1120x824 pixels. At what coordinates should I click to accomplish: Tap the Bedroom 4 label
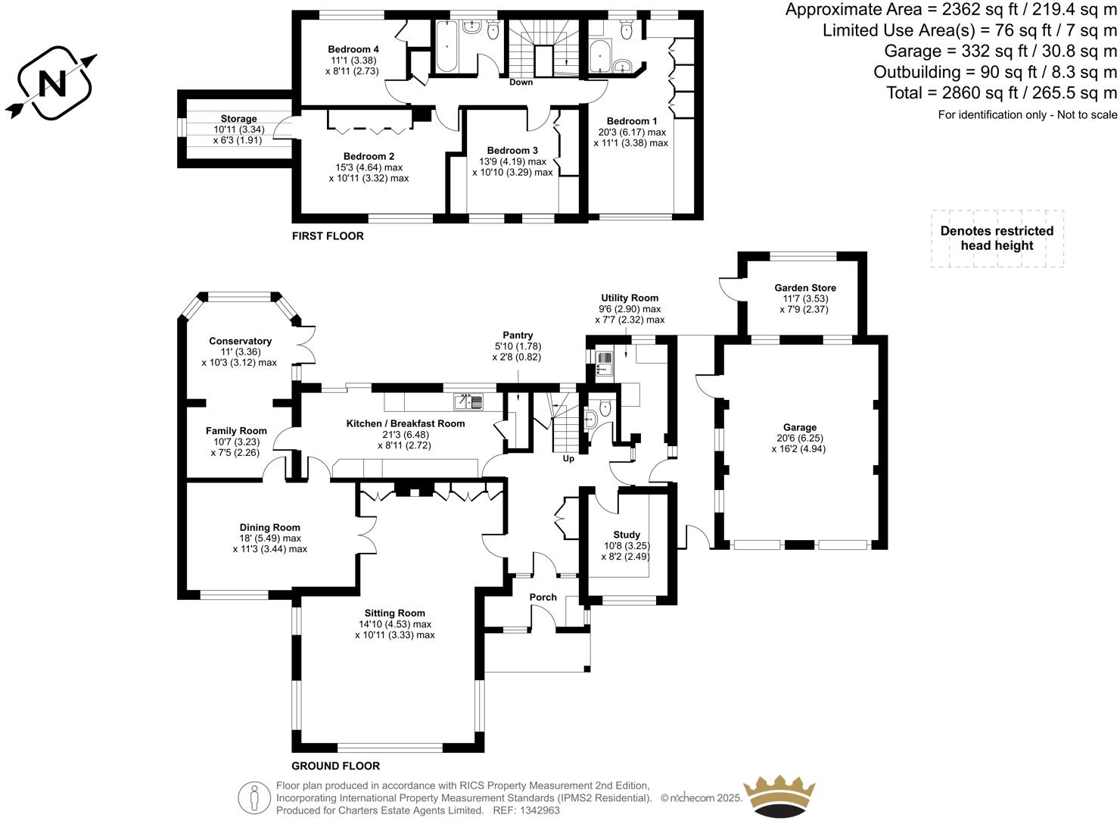[353, 49]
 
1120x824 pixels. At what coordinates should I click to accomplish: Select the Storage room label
[238, 119]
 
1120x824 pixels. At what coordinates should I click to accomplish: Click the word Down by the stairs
[521, 82]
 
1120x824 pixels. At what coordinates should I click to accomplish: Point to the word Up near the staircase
[568, 459]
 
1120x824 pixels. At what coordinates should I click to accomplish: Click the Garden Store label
[804, 288]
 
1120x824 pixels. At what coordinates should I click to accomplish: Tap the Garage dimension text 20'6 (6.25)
[799, 438]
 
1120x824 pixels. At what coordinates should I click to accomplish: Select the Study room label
[627, 535]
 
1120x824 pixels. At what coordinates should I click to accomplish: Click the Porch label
[543, 597]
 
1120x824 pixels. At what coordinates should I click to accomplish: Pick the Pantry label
[518, 335]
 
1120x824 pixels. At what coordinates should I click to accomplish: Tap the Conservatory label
[240, 341]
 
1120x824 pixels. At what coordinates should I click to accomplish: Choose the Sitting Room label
[394, 613]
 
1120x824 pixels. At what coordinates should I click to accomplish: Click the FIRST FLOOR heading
[328, 236]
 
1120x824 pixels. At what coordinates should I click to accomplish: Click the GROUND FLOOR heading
[335, 766]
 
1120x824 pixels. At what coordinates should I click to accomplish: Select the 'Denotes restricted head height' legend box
[997, 239]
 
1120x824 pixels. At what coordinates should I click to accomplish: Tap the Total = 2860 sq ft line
[1001, 93]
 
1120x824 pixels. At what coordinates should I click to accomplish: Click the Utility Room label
[630, 298]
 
